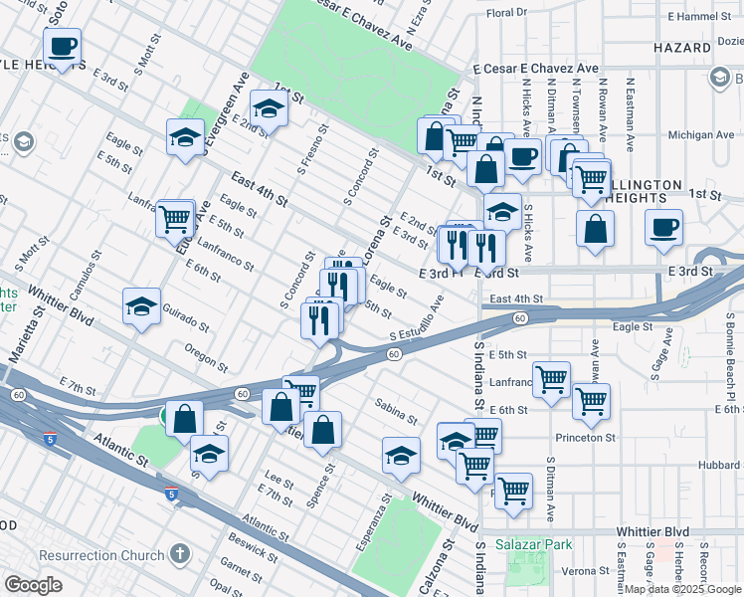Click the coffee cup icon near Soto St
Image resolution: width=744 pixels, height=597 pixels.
[x=62, y=46]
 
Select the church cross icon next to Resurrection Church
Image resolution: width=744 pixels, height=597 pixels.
[x=179, y=551]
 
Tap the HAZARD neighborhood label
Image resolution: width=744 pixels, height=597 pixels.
[x=682, y=48]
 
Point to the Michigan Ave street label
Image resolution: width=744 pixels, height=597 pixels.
[x=701, y=134]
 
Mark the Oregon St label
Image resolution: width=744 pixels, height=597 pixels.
[x=207, y=352]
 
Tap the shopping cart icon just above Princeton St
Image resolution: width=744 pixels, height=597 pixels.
[x=591, y=400]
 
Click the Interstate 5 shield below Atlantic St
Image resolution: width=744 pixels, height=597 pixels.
[x=171, y=493]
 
